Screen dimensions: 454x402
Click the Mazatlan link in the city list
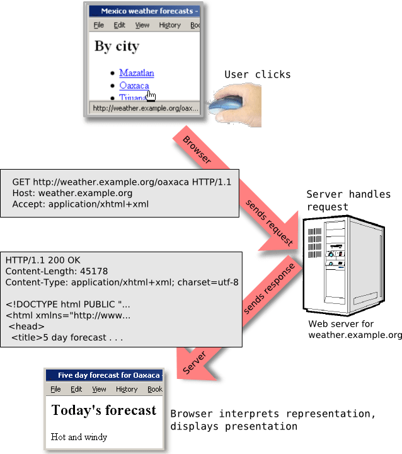(x=136, y=73)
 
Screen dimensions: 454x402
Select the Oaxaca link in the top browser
(x=134, y=86)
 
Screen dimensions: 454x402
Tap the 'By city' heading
(x=117, y=46)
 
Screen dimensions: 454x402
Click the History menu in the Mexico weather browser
(x=169, y=25)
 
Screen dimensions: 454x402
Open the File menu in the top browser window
(x=98, y=25)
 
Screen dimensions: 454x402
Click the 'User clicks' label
(x=257, y=74)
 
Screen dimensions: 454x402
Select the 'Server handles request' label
(x=348, y=200)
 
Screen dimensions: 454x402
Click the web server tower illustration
(x=343, y=265)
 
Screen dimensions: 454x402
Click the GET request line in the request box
(x=122, y=182)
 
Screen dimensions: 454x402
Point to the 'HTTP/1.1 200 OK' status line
(x=43, y=260)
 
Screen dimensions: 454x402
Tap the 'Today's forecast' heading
(x=103, y=410)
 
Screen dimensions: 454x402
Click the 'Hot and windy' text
(x=79, y=437)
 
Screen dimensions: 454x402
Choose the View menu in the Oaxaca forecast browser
(x=99, y=389)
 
